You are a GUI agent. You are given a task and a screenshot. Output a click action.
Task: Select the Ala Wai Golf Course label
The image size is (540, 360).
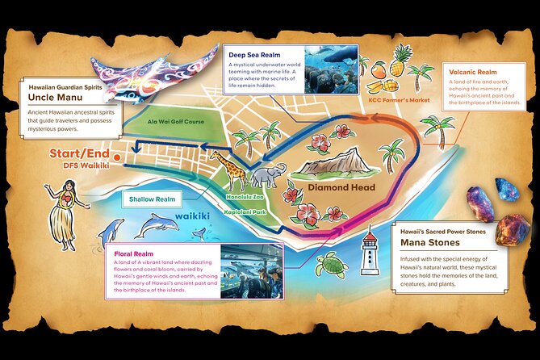[175, 122]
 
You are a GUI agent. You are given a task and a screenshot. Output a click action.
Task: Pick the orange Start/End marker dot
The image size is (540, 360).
[119, 155]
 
